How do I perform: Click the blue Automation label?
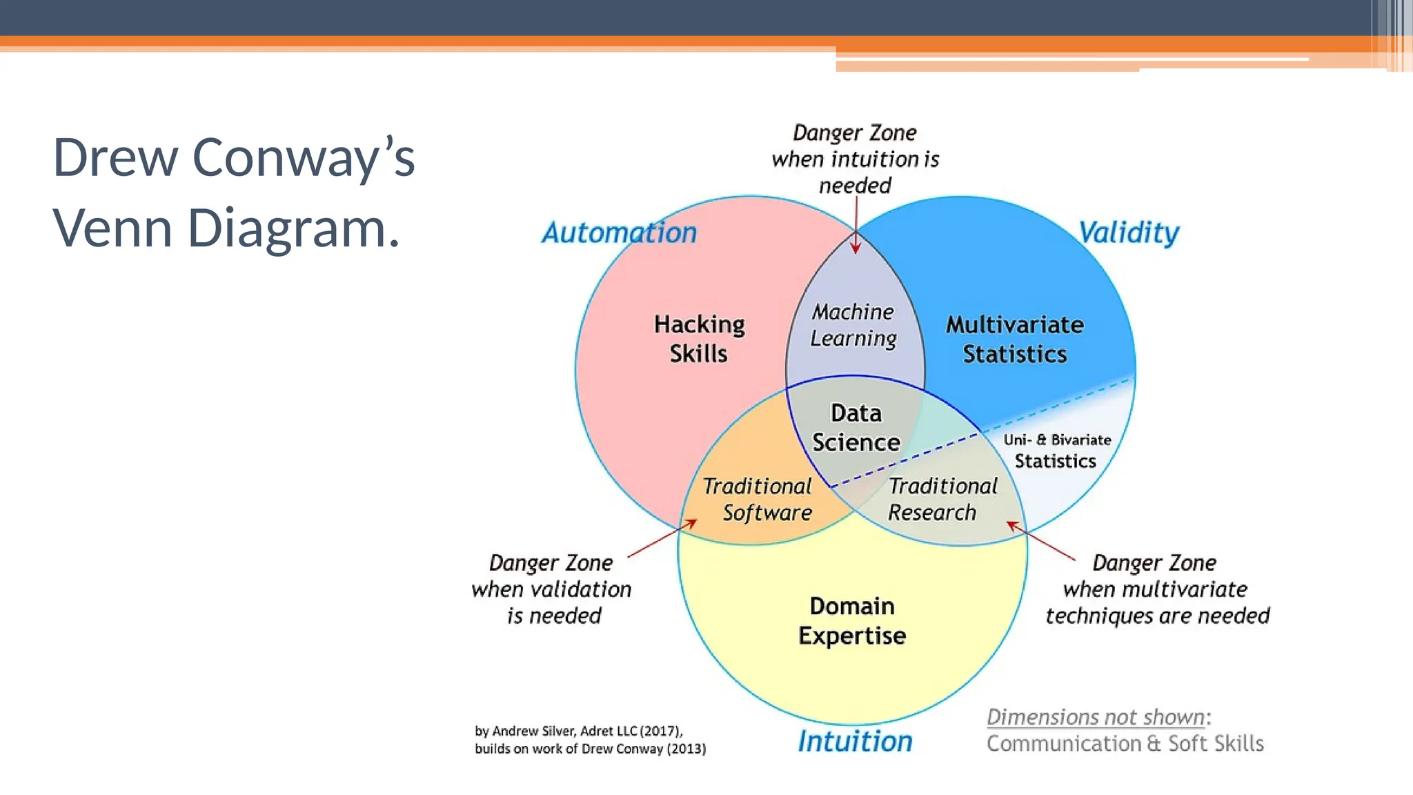coord(619,233)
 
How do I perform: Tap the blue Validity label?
coord(1129,233)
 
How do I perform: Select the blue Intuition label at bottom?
coord(855,741)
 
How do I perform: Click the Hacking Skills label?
coord(699,339)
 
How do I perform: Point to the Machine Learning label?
coord(853,325)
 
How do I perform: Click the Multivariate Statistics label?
coord(1014,339)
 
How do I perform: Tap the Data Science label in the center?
coord(856,428)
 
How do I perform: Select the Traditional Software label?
coord(758,499)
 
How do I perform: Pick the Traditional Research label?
coord(941,499)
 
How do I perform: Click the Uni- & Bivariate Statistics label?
coord(1056,451)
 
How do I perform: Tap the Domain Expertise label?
coord(852,620)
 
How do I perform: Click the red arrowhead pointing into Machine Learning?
coord(856,247)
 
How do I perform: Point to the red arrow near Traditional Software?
coord(662,538)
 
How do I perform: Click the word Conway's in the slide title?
coord(304,158)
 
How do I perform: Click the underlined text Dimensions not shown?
coord(1096,717)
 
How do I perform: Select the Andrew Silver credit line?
coord(578,731)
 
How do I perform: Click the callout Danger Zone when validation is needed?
coord(551,589)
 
